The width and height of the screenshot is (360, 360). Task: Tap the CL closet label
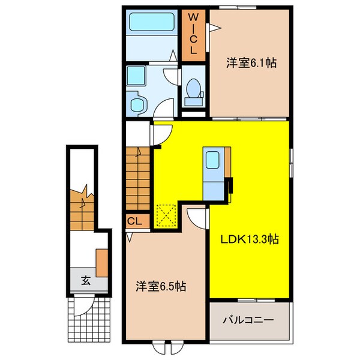135,221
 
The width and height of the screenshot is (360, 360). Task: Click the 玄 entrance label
85,280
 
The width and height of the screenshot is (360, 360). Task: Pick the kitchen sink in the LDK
213,161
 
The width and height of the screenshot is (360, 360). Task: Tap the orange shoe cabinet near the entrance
101,259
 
